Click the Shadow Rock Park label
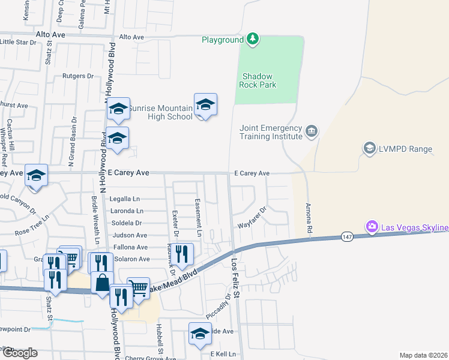click(x=259, y=80)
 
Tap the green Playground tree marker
click(x=253, y=40)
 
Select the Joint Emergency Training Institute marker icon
click(x=311, y=130)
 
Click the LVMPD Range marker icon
click(x=370, y=148)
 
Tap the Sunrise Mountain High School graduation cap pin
click(x=205, y=105)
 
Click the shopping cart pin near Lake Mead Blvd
click(x=138, y=287)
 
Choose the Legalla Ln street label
click(x=125, y=199)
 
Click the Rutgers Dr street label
click(x=79, y=76)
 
